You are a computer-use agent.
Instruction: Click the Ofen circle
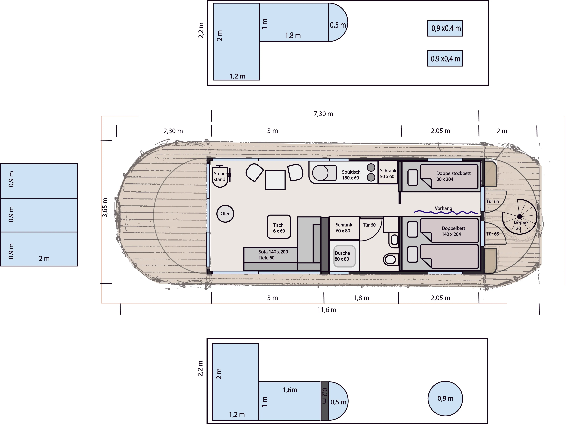point(225,213)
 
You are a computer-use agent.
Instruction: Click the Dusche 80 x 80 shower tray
point(344,256)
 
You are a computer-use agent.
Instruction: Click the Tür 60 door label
point(369,225)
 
